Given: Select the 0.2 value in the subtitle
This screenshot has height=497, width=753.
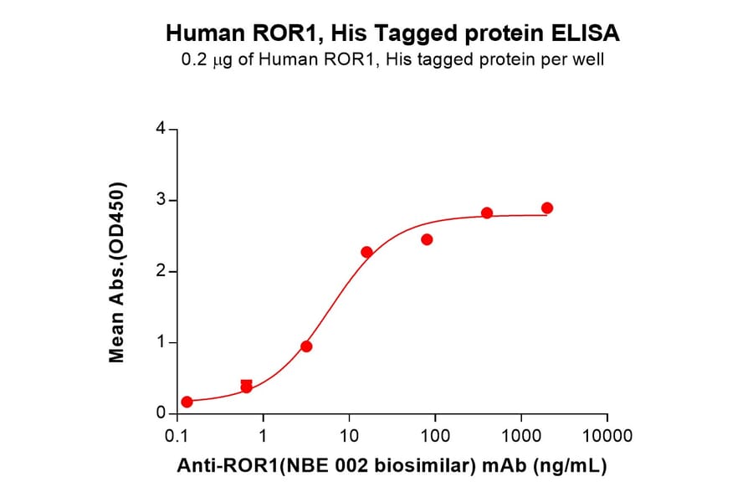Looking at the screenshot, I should [x=194, y=60].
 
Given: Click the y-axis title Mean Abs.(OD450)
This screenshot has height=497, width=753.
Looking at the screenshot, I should [x=117, y=272].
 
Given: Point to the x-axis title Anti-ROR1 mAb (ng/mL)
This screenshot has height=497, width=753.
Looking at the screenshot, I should [x=392, y=466].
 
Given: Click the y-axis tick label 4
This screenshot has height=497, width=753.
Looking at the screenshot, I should [x=161, y=129].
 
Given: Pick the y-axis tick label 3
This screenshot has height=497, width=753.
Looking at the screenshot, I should [x=161, y=200].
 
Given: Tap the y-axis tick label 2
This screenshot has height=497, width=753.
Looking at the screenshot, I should [x=161, y=271].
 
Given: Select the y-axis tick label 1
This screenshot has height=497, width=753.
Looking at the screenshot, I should [x=161, y=342].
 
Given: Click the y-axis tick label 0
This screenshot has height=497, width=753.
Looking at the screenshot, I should [x=161, y=413].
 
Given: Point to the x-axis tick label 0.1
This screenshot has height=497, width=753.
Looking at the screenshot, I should [x=177, y=437].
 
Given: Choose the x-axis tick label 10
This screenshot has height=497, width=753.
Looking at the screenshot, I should [x=349, y=437].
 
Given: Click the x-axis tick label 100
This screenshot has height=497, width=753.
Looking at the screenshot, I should [x=435, y=437].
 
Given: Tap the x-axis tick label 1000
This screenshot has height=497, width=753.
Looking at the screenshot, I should [x=521, y=437].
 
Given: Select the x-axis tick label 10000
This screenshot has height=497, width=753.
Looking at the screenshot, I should [x=607, y=437].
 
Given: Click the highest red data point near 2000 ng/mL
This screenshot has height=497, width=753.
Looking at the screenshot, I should [x=547, y=208].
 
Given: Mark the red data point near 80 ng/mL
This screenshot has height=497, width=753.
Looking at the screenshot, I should [x=427, y=239].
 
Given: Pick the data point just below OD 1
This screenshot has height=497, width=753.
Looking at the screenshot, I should [x=306, y=346].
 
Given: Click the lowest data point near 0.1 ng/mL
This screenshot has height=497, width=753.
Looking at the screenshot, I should [x=187, y=402].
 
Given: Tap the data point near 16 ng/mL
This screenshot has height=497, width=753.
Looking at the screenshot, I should [x=366, y=252].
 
